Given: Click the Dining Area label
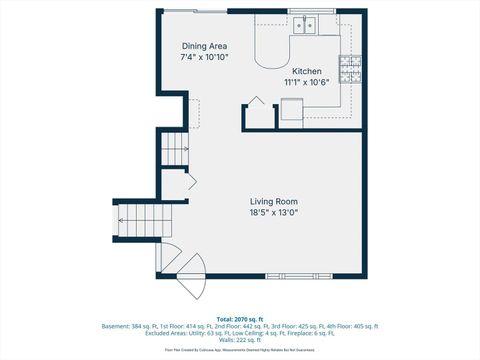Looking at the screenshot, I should pos(203,46).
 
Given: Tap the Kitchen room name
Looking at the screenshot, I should pos(306,72).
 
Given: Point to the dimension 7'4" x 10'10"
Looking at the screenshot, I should pos(203,58).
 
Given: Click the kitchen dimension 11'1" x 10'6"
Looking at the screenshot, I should pos(306,83).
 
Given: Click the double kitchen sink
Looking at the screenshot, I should pos(306,24).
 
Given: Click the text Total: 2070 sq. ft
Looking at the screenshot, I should pos(240,317).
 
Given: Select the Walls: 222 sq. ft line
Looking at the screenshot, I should pos(240,341).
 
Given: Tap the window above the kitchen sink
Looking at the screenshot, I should pos(306,11).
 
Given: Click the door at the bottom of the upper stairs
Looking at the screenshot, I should pos(191,181).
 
